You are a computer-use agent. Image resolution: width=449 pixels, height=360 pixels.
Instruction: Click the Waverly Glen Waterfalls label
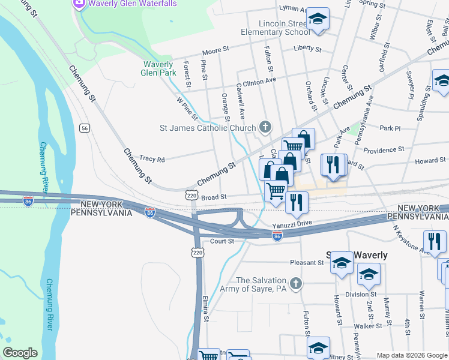133,4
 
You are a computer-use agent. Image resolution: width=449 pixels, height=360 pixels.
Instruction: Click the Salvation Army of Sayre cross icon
295,283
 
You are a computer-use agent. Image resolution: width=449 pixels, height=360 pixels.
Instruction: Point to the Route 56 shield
85,128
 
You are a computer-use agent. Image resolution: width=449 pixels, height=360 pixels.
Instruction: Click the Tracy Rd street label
152,159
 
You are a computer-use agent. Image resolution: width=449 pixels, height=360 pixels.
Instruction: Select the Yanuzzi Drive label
292,224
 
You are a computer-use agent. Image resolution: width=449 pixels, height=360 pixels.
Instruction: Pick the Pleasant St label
307,262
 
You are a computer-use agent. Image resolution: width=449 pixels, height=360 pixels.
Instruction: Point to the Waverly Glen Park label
158,68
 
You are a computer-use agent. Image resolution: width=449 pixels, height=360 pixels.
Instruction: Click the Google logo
20,353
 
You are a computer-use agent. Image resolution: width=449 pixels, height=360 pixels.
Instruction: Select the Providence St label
384,150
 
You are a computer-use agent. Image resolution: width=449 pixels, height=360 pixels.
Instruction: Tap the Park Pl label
390,128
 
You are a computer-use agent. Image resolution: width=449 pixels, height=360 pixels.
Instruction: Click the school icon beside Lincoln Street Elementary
318,19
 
